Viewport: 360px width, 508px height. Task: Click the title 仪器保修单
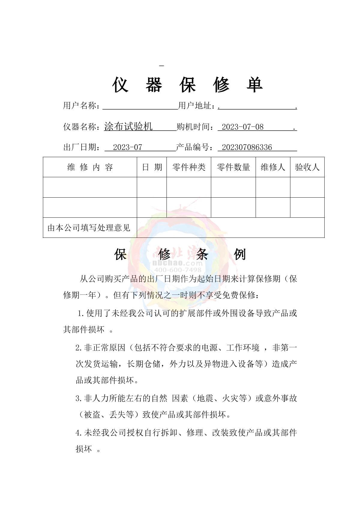pos(187,85)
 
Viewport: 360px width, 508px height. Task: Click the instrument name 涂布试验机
pos(128,127)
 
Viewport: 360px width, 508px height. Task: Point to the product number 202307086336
pos(247,147)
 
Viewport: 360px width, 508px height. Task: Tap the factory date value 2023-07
pos(127,147)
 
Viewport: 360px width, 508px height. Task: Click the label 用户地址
pos(195,106)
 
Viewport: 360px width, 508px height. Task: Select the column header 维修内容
pos(90,167)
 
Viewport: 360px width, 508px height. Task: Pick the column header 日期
pos(152,167)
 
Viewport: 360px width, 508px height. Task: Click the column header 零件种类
pos(189,167)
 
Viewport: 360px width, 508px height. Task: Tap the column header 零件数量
pos(233,167)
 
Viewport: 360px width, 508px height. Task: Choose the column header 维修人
pos(273,167)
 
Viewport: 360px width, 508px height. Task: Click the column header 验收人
pos(307,167)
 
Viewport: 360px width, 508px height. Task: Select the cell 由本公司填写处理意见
pos(89,228)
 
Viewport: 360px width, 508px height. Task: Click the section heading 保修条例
pos(180,255)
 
